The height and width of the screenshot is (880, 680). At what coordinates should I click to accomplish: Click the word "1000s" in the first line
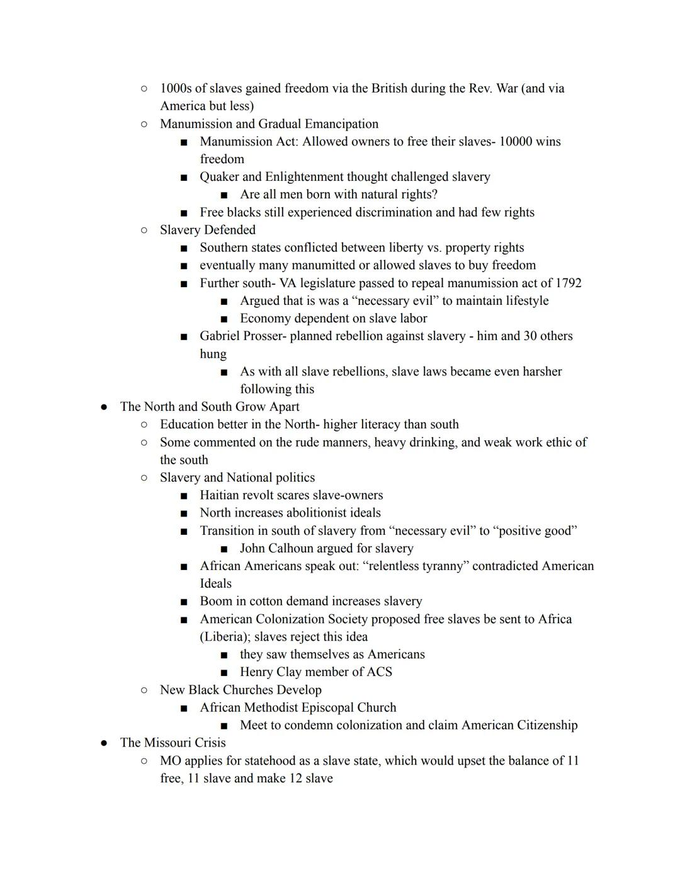pos(176,88)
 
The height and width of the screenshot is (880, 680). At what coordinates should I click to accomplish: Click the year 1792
pos(568,283)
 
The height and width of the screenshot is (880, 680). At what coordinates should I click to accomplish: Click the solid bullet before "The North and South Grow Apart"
pos(104,407)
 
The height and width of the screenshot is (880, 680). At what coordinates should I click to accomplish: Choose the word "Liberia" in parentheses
pos(225,636)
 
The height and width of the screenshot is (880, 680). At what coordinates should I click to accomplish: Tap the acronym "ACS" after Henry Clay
pos(379,671)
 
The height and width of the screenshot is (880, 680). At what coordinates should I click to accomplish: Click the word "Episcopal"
pos(327,707)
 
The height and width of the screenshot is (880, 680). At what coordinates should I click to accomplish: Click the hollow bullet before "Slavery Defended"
pos(144,230)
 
